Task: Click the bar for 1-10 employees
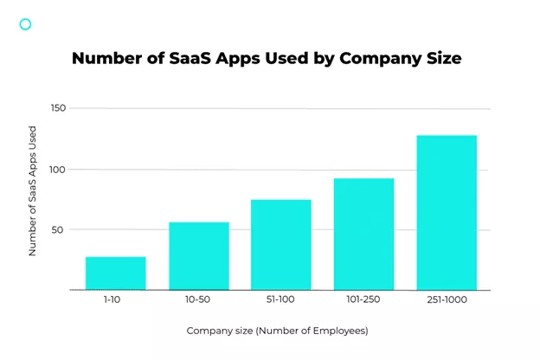click(x=116, y=273)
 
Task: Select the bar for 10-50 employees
click(x=199, y=256)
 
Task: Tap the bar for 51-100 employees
click(x=281, y=245)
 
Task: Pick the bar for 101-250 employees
click(x=364, y=234)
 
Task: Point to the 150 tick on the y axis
click(x=56, y=108)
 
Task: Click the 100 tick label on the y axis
click(x=56, y=170)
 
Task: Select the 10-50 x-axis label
click(x=199, y=302)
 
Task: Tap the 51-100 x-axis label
click(x=281, y=302)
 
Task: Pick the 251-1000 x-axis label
click(x=447, y=302)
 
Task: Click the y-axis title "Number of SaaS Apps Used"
click(x=33, y=192)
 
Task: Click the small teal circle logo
click(x=25, y=24)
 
